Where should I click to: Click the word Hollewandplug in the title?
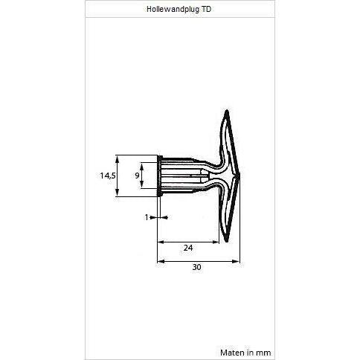coord(173,10)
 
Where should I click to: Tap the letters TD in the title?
coord(206,9)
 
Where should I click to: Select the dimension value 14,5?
coord(108,176)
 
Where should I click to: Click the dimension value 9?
coord(137,176)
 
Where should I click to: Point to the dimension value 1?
coord(147,217)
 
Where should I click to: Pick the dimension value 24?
coord(188,248)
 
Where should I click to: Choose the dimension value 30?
coord(196,267)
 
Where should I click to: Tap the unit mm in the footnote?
coord(263,353)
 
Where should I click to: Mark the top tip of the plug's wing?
coord(226,110)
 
